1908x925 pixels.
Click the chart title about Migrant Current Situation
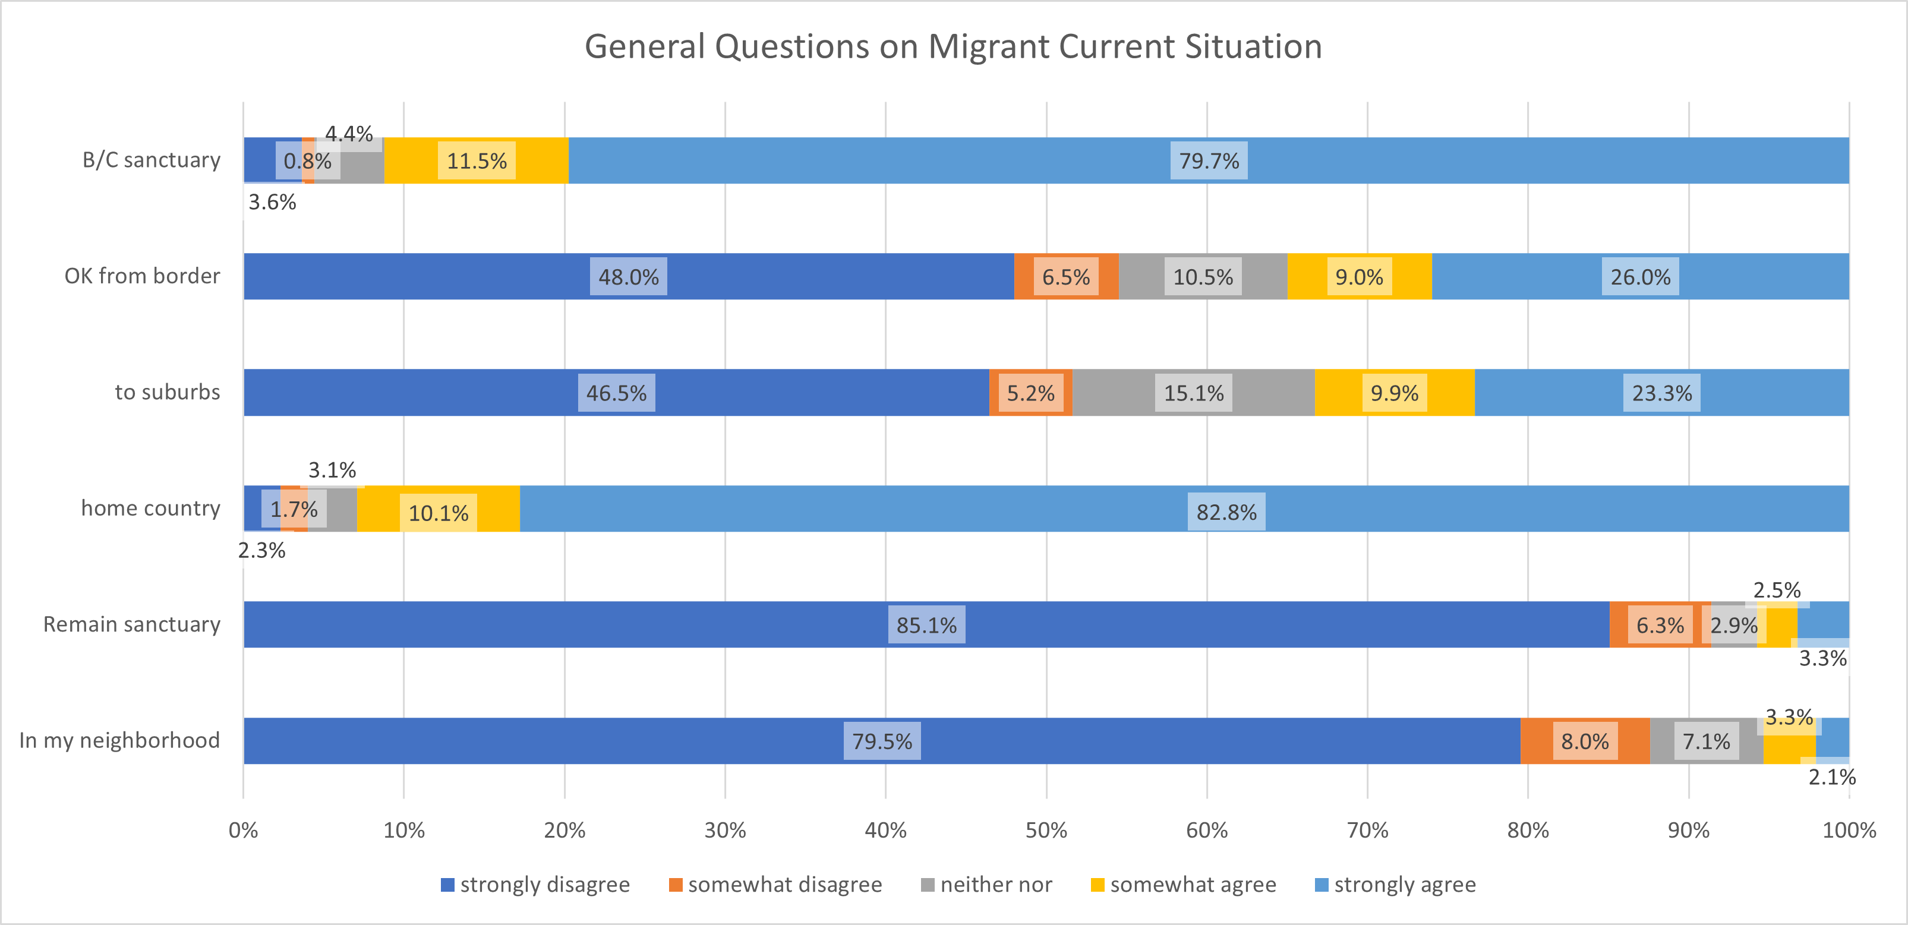point(953,47)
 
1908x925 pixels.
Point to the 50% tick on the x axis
point(1046,830)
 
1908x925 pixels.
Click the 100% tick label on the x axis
point(1849,830)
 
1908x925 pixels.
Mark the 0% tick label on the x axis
point(243,830)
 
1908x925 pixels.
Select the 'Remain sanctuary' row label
point(132,624)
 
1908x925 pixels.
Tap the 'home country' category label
point(150,508)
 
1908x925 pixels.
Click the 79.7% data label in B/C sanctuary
point(1209,161)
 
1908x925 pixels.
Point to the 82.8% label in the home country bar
point(1226,512)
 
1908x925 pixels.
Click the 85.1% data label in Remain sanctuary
point(926,625)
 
